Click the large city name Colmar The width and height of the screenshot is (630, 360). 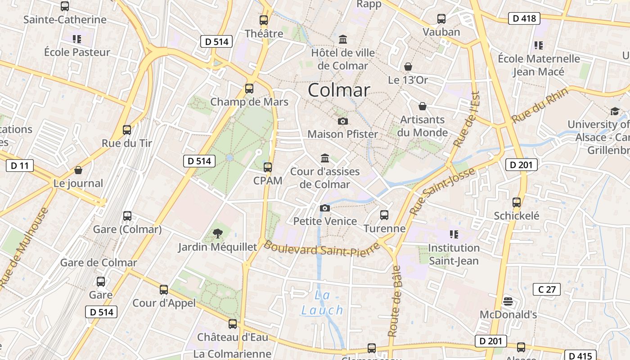pyautogui.click(x=339, y=90)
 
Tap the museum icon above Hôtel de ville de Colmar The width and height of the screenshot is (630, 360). pyautogui.click(x=343, y=40)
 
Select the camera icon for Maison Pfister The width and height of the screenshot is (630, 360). pyautogui.click(x=342, y=121)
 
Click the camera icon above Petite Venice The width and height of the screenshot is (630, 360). pyautogui.click(x=324, y=208)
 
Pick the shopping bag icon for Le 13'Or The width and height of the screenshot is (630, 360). pyautogui.click(x=408, y=67)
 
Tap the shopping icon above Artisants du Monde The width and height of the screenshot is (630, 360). pyautogui.click(x=422, y=106)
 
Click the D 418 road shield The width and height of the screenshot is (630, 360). pyautogui.click(x=524, y=18)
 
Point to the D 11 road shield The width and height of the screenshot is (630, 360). pyautogui.click(x=20, y=166)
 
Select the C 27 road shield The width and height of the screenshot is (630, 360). pyautogui.click(x=547, y=289)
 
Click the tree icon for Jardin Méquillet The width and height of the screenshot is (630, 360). pyautogui.click(x=218, y=233)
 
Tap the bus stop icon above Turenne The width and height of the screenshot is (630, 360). pyautogui.click(x=384, y=215)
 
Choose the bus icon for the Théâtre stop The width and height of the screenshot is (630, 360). pyautogui.click(x=264, y=20)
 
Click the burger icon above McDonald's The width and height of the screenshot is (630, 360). pyautogui.click(x=508, y=301)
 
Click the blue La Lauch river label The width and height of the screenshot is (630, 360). pyautogui.click(x=322, y=303)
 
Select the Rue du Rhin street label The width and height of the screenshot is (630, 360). pyautogui.click(x=540, y=106)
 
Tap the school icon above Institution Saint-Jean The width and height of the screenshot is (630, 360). pyautogui.click(x=454, y=234)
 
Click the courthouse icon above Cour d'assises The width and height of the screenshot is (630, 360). pyautogui.click(x=325, y=158)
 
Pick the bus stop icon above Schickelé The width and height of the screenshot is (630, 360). pyautogui.click(x=516, y=202)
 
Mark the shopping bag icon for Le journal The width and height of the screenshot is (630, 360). pyautogui.click(x=78, y=170)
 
